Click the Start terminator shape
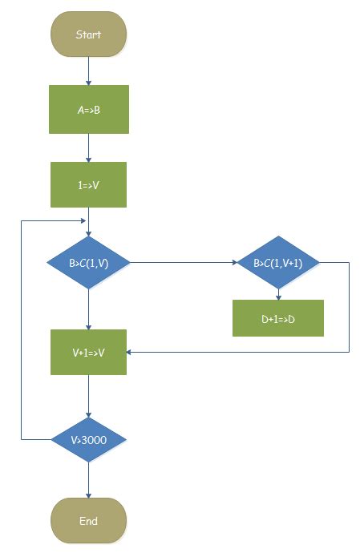pyautogui.click(x=88, y=34)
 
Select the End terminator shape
pyautogui.click(x=88, y=521)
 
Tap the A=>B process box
pyautogui.click(x=88, y=110)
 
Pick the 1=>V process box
pyautogui.click(x=88, y=185)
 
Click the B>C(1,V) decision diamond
pyautogui.click(x=88, y=261)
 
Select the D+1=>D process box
pyautogui.click(x=277, y=318)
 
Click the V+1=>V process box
pyautogui.click(x=88, y=352)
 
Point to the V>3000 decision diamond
pyautogui.click(x=88, y=439)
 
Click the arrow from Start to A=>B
pyautogui.click(x=88, y=72)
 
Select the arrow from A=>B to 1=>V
pyautogui.click(x=88, y=147)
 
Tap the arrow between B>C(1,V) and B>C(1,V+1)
pyautogui.click(x=182, y=261)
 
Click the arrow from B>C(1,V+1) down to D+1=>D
pyautogui.click(x=277, y=293)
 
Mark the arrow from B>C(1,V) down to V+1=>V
pyautogui.click(x=88, y=308)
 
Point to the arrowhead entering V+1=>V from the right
pyautogui.click(x=131, y=352)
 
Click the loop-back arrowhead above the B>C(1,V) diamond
pyautogui.click(x=84, y=220)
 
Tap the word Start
pyautogui.click(x=88, y=34)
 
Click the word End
pyautogui.click(x=88, y=521)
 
